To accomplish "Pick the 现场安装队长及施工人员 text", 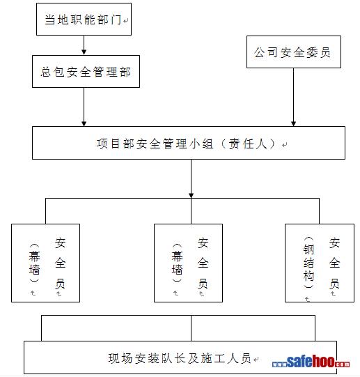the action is click(x=180, y=358).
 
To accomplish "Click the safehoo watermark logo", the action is click(x=311, y=362).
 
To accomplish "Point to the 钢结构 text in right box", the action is click(x=308, y=263).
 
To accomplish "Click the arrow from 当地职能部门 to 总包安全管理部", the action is click(x=84, y=45).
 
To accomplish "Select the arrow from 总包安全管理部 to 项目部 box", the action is click(x=84, y=107).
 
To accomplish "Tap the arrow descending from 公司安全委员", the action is click(x=293, y=97).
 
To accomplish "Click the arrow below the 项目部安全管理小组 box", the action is click(x=191, y=178).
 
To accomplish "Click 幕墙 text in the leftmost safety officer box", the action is click(x=34, y=263).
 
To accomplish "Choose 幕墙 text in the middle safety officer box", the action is click(x=177, y=263).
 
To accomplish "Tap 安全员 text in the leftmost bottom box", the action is click(x=60, y=263).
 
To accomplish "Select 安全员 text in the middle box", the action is click(x=203, y=263).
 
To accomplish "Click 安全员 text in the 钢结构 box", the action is click(x=334, y=263).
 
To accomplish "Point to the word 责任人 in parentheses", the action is click(x=248, y=144).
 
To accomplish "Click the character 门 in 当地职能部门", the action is click(x=116, y=20).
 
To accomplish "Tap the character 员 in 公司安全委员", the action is click(x=325, y=52).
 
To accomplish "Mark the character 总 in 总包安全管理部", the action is click(x=46, y=72).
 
